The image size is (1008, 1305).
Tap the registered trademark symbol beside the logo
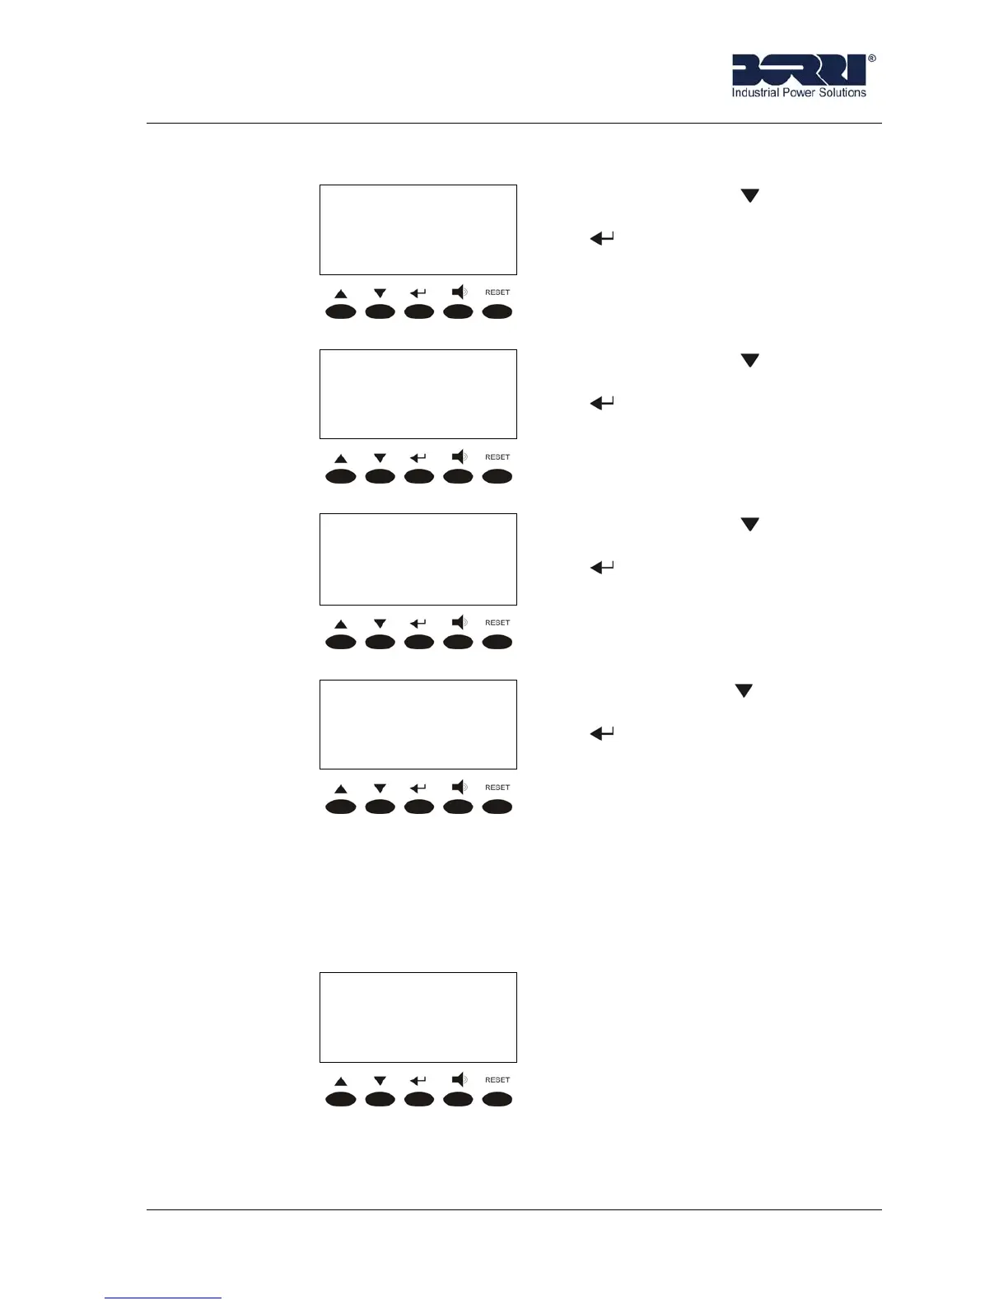(872, 59)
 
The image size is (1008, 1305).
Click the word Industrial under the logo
(755, 93)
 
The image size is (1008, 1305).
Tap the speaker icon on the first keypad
(460, 292)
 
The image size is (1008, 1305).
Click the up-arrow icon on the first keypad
(341, 294)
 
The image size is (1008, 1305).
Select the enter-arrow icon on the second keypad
(418, 458)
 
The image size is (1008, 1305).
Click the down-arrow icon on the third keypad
(380, 624)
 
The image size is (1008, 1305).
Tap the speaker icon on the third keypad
(460, 622)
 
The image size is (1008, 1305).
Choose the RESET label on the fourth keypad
(497, 788)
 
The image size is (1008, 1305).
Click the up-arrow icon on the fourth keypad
(341, 789)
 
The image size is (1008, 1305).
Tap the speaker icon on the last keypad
(460, 1079)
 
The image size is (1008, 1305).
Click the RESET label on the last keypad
(497, 1080)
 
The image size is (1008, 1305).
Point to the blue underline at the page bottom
(163, 1298)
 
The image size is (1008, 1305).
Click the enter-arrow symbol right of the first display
(602, 239)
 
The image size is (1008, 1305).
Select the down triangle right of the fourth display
(744, 691)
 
